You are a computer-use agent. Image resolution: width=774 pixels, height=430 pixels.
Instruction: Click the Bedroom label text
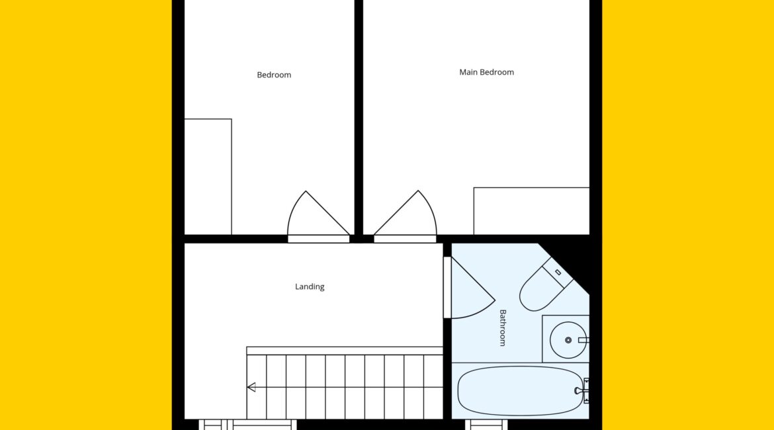(x=274, y=75)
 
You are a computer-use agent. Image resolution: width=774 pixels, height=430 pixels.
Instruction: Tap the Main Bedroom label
(x=487, y=72)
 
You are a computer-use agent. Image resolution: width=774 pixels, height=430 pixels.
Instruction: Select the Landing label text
(x=310, y=286)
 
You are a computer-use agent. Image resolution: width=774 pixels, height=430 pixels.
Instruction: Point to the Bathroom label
(x=503, y=328)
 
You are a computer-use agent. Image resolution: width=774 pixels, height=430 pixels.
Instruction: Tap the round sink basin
(x=568, y=340)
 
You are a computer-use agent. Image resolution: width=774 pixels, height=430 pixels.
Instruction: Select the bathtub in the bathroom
(x=520, y=391)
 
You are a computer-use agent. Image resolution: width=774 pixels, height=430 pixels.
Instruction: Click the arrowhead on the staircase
(x=252, y=387)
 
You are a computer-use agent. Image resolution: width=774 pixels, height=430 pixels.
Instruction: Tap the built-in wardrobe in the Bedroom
(x=208, y=177)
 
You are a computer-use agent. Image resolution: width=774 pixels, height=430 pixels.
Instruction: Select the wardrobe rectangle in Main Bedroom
(x=532, y=211)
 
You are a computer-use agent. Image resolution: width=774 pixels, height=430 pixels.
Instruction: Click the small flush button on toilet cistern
(x=558, y=272)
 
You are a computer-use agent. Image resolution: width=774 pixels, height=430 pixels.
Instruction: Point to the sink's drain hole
(x=568, y=340)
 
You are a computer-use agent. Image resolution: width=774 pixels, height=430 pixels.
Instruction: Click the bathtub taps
(x=582, y=390)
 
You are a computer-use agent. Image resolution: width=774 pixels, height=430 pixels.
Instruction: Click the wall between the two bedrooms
(x=359, y=118)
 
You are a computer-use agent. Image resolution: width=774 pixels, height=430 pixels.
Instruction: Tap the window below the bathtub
(x=487, y=425)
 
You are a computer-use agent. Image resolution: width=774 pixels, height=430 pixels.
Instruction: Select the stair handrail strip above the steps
(x=345, y=351)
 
